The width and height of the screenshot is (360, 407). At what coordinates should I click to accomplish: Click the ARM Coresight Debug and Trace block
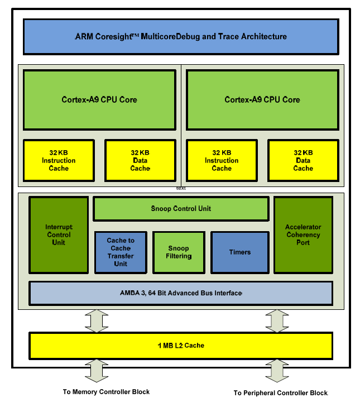click(x=180, y=37)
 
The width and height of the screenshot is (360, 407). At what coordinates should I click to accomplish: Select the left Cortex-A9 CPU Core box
click(x=99, y=100)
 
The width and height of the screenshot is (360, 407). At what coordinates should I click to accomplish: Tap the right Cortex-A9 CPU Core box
click(x=262, y=100)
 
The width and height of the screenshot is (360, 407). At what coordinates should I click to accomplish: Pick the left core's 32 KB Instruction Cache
click(x=59, y=160)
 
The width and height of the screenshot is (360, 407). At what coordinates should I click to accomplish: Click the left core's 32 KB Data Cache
click(x=140, y=160)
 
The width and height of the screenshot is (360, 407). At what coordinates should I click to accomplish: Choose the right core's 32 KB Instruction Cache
click(x=222, y=160)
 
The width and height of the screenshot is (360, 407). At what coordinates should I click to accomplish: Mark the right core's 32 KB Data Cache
click(x=303, y=160)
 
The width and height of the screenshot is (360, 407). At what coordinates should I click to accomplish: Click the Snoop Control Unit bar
click(x=181, y=209)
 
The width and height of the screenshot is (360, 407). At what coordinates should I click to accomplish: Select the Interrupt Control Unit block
click(x=59, y=235)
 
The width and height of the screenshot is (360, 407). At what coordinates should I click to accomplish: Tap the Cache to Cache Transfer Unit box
click(x=121, y=252)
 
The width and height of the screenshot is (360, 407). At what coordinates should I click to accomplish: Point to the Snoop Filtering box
click(x=179, y=252)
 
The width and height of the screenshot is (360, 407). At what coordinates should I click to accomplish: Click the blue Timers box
click(x=239, y=252)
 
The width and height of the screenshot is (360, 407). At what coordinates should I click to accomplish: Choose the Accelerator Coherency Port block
click(x=303, y=235)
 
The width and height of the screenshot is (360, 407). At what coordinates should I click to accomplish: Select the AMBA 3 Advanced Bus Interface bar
click(x=181, y=293)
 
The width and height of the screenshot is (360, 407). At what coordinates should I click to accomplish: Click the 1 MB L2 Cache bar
click(x=181, y=346)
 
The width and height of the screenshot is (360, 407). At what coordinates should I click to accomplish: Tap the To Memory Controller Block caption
click(x=106, y=392)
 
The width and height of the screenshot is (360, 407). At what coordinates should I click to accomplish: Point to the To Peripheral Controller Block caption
click(x=280, y=393)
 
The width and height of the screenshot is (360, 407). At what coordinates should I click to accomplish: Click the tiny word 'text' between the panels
click(x=181, y=189)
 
